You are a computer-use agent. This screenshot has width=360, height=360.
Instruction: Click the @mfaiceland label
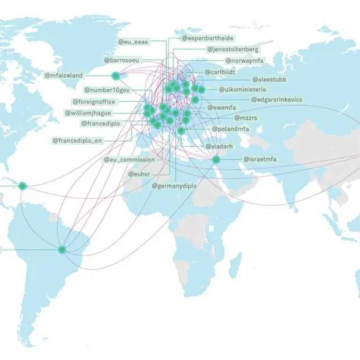pos(64,75)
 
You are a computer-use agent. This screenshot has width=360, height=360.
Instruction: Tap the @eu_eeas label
pos(134,42)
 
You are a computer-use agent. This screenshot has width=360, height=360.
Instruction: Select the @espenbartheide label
pos(206,38)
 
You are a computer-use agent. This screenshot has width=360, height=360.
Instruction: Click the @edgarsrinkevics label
pos(276,99)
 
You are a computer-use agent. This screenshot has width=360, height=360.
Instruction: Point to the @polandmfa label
pos(230,128)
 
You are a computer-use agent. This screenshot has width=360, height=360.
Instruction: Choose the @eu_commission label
pos(129,159)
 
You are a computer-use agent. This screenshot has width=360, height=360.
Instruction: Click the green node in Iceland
pos(116,75)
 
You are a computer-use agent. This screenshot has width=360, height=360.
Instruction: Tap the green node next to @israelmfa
pos(215,159)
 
